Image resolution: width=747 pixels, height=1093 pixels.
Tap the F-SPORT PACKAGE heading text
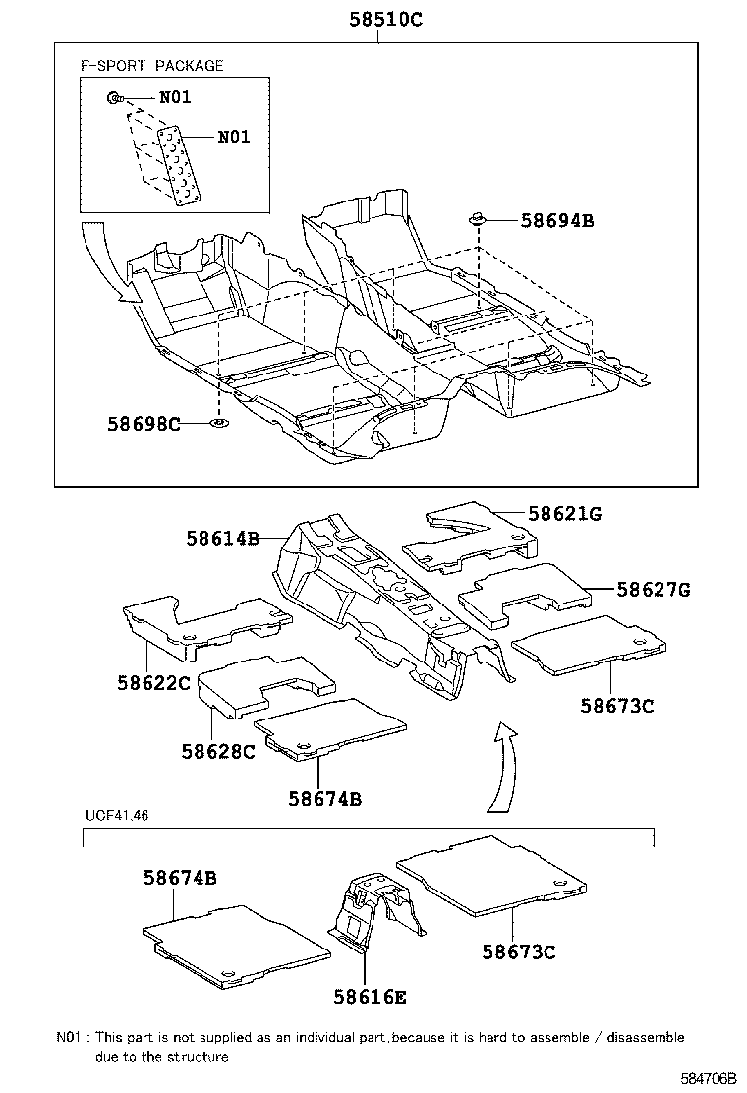[151, 66]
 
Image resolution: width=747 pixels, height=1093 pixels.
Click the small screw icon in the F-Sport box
[115, 97]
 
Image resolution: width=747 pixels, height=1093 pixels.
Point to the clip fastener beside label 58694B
[478, 217]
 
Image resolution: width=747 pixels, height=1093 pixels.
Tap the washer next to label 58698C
[218, 424]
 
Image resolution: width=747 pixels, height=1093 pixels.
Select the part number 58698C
[144, 424]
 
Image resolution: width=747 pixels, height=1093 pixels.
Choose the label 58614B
[221, 538]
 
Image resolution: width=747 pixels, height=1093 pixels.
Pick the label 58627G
[654, 590]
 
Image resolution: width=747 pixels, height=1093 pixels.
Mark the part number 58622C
[150, 682]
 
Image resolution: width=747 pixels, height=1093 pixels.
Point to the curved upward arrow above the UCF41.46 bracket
[502, 767]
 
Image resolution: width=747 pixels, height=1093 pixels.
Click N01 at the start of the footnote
[69, 1037]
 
